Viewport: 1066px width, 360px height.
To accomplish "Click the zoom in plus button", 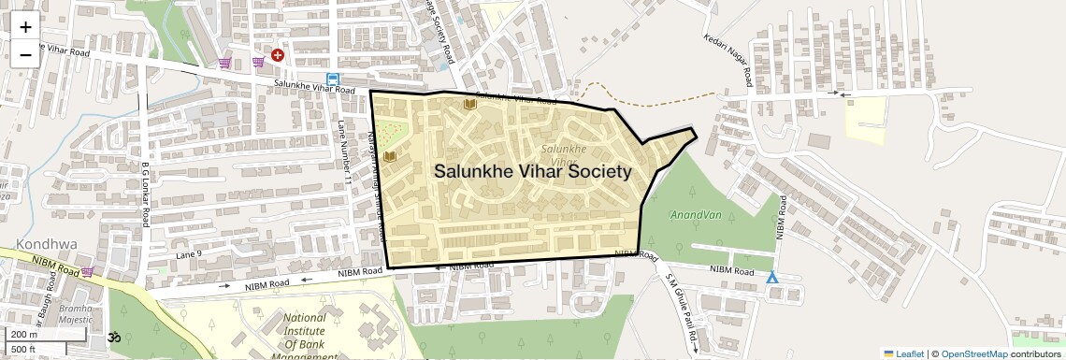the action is tap(25, 27).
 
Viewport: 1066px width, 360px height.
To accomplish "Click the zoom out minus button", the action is tap(25, 55).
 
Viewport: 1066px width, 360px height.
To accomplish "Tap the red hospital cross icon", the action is tap(278, 56).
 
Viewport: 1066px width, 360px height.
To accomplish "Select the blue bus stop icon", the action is tap(333, 79).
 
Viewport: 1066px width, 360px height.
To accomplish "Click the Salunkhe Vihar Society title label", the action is tap(532, 172).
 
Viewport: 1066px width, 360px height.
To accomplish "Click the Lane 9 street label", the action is tap(188, 254).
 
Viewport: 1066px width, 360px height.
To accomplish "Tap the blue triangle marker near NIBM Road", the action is tap(771, 278).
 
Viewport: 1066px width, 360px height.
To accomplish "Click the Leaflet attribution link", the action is tap(903, 353).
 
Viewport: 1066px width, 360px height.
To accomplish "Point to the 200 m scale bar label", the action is tap(24, 334).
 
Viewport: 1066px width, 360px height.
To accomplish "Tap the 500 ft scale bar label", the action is tap(23, 350).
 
